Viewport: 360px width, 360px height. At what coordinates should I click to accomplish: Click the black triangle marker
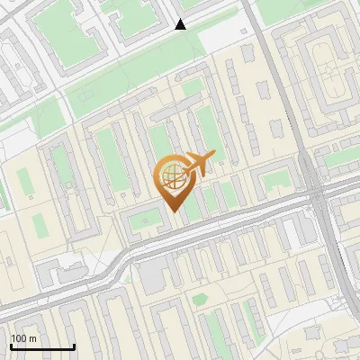(180, 24)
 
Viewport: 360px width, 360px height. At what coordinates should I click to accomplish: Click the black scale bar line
(42, 347)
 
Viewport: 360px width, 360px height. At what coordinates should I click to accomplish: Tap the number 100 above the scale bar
(19, 338)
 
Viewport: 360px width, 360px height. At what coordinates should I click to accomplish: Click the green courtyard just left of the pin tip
(142, 219)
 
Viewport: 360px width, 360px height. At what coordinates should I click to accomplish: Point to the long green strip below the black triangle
(135, 81)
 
